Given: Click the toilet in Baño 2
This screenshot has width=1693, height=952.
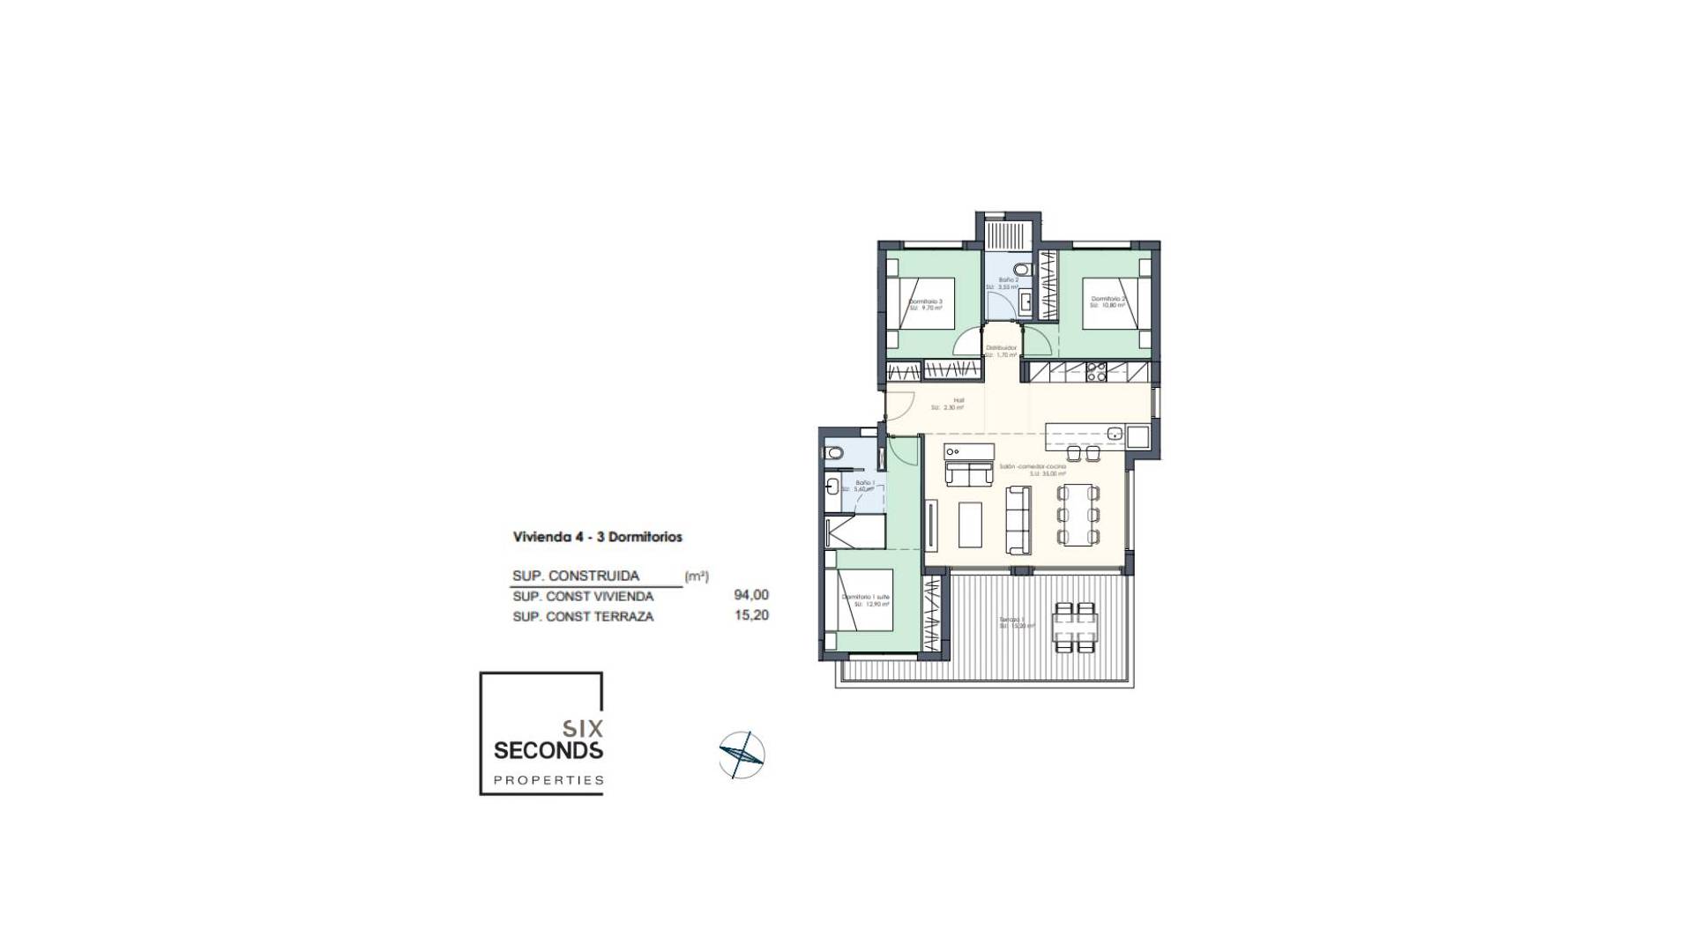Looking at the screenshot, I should (x=1021, y=269).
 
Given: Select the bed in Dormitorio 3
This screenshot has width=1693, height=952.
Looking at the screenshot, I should (x=921, y=304).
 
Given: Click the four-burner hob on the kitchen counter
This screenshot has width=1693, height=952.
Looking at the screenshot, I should (x=1096, y=372).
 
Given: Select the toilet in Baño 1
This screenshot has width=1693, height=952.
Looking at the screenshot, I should (x=834, y=453).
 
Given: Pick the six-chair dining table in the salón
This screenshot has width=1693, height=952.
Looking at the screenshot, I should (x=1079, y=515).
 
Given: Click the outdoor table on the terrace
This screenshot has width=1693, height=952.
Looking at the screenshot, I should (x=1076, y=627).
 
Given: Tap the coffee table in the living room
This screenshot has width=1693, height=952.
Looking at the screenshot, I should (x=970, y=524).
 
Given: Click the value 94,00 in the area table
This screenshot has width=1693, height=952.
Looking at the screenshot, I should (x=751, y=596).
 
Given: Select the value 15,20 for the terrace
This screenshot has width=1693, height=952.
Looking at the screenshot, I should (x=751, y=615).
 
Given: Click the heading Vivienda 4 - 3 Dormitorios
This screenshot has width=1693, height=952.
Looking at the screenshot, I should (x=598, y=537).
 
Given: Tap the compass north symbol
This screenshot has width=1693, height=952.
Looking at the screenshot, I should (x=742, y=755).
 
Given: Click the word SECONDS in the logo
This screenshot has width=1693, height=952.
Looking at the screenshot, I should (x=548, y=751).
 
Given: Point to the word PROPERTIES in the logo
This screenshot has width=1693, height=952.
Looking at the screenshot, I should (x=548, y=780).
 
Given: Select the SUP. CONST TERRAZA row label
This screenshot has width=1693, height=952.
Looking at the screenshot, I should (x=583, y=617).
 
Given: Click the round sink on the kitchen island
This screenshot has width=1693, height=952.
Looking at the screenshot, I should (x=1115, y=434).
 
